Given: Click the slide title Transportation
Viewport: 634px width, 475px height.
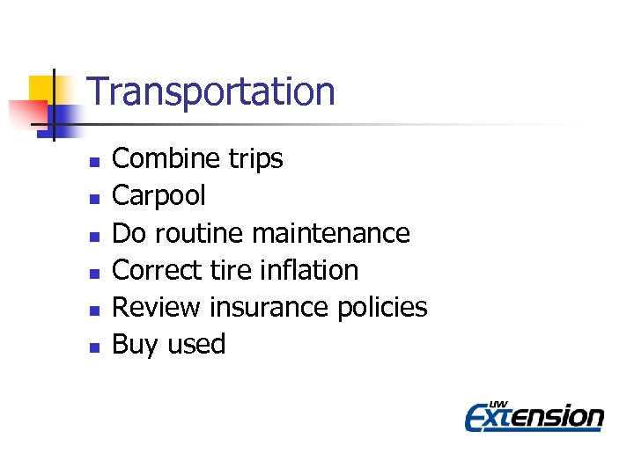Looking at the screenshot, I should coord(211,91).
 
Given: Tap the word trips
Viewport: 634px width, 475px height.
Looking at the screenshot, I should coord(254,159).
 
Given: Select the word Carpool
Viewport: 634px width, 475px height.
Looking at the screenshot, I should coord(159,195).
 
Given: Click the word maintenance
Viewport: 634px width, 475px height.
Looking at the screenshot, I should coord(331,233).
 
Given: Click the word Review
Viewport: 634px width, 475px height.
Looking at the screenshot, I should coord(158,307).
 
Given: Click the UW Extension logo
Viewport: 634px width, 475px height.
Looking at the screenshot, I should coord(534,415).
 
